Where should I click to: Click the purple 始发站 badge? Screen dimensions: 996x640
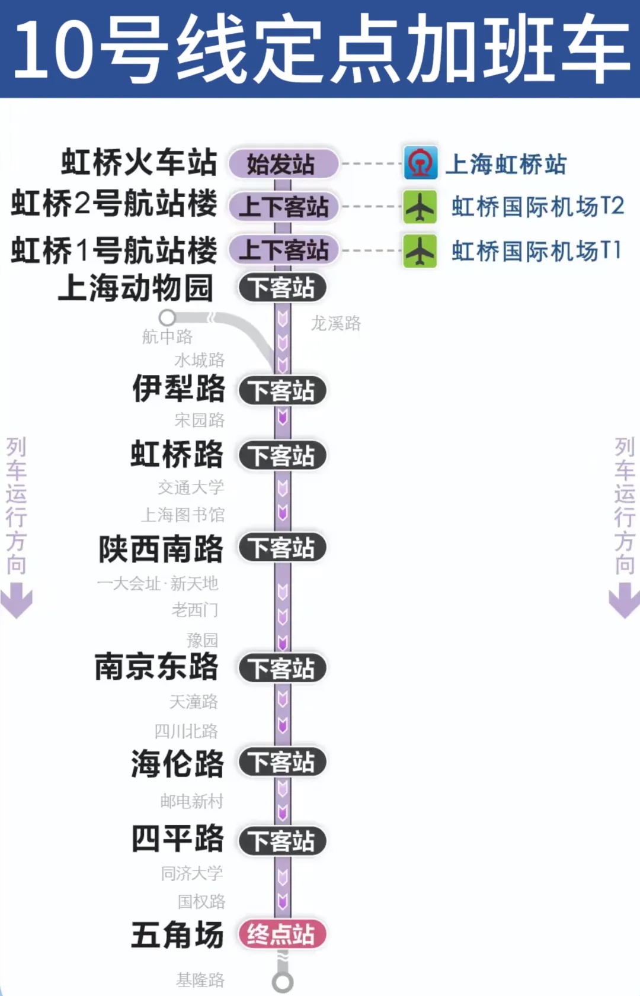tap(283, 164)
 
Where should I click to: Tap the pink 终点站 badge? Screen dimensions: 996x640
tap(282, 934)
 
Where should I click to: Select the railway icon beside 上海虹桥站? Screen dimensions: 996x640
tap(420, 163)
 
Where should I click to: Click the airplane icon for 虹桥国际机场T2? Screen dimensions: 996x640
tap(420, 207)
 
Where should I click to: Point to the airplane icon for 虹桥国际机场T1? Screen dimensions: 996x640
tap(420, 251)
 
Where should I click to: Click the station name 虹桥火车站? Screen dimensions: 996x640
tap(139, 162)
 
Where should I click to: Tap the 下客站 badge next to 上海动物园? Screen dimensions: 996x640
tap(282, 288)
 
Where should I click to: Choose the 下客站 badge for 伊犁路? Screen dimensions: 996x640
tap(282, 391)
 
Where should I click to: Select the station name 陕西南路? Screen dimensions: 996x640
tap(161, 549)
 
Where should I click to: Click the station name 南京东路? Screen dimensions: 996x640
tap(156, 667)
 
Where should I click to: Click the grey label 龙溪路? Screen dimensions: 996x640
tap(335, 323)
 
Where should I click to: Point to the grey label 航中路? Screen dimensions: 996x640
tap(167, 337)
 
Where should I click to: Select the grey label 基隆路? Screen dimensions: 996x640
tap(200, 980)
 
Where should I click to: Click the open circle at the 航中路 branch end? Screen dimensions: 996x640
tap(168, 317)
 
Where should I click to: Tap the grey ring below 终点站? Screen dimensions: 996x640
tap(283, 982)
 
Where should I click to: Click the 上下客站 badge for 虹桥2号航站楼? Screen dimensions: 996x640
tap(283, 207)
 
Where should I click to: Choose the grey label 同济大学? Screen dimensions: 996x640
tap(192, 873)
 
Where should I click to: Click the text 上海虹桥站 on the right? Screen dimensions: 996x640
tap(506, 164)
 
